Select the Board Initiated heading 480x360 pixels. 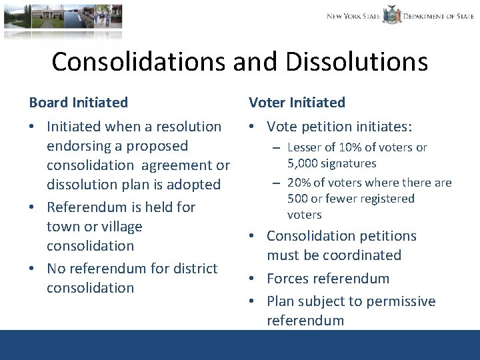point(79,103)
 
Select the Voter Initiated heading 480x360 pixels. point(297,103)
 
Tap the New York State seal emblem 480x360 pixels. point(391,15)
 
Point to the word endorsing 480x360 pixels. point(83,146)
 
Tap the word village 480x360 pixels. point(118,227)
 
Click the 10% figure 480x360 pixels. point(351,147)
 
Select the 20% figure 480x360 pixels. point(300,183)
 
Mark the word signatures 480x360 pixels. point(351,163)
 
